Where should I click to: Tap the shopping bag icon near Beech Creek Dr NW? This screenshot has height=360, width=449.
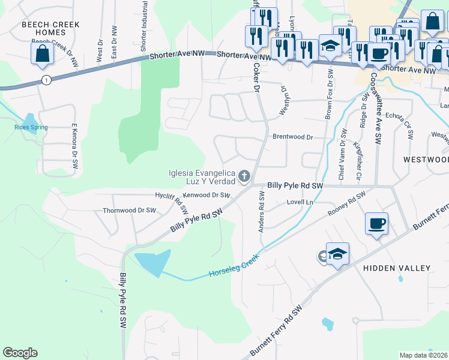click(42, 53)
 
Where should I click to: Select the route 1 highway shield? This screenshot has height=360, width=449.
click(46, 79)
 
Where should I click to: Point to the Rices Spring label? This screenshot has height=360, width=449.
click(31, 127)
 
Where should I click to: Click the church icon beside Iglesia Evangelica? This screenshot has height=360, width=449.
click(244, 176)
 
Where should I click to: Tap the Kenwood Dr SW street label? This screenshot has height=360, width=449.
click(207, 195)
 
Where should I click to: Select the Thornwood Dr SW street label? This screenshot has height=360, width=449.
click(129, 211)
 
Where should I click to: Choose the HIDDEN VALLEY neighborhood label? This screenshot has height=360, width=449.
click(397, 268)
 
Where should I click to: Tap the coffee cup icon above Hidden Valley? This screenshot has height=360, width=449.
click(376, 224)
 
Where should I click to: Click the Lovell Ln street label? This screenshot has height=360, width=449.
click(300, 203)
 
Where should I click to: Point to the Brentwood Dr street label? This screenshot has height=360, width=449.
click(293, 137)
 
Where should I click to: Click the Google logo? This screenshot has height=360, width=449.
click(20, 353)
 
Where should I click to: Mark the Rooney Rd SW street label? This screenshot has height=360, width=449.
click(346, 204)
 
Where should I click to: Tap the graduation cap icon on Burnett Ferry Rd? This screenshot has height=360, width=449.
click(337, 253)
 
